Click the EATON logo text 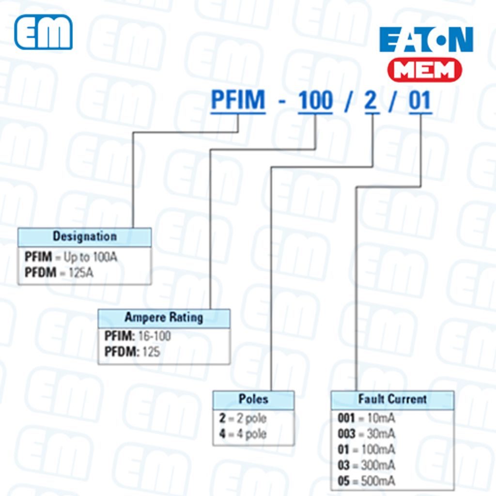[x=426, y=40]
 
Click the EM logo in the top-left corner [x=43, y=32]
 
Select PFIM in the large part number [x=238, y=101]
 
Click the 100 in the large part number [x=315, y=101]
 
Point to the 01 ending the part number [x=420, y=101]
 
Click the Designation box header [x=85, y=237]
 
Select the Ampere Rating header [x=164, y=318]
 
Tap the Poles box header [x=253, y=400]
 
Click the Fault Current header [x=392, y=400]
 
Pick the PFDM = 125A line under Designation [x=59, y=273]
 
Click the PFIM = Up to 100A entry [x=71, y=257]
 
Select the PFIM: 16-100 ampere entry [x=138, y=336]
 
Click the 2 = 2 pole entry [x=243, y=418]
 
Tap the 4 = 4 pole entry [x=243, y=434]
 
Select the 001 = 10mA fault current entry [x=366, y=418]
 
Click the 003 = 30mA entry [x=366, y=434]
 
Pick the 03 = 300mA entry [x=366, y=465]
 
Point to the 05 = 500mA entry [x=366, y=481]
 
